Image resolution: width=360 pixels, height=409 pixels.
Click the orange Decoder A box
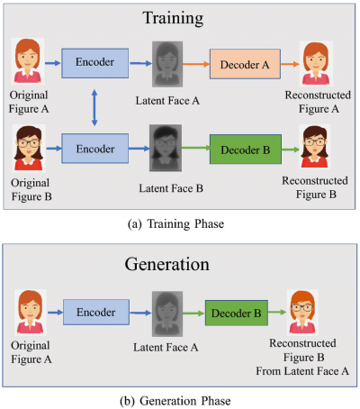245,64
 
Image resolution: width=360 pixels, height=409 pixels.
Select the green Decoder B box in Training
246,150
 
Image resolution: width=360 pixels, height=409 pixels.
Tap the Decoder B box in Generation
237,313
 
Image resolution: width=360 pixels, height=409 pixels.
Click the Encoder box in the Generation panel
96,312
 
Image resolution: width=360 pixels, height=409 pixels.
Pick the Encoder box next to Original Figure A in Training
95,63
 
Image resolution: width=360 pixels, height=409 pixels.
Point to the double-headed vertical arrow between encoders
94,107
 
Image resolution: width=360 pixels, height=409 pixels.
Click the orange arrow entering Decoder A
196,64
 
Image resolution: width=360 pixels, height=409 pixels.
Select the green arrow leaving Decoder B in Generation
277,313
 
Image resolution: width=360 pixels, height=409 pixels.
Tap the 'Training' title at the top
173,18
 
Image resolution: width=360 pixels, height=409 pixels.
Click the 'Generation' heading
167,264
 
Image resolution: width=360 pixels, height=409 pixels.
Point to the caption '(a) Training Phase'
175,224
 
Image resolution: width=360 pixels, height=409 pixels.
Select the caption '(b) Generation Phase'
175,401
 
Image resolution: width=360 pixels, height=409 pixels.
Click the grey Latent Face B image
166,148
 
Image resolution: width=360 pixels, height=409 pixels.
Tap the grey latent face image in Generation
167,314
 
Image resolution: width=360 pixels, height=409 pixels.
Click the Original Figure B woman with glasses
29,149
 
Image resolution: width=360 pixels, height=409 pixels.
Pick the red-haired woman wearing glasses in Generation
302,312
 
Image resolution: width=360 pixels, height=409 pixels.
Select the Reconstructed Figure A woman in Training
316,64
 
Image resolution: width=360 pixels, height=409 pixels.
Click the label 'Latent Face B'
171,188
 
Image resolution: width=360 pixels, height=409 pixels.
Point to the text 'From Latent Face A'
302,371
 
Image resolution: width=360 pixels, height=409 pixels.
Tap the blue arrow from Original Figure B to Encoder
54,149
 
